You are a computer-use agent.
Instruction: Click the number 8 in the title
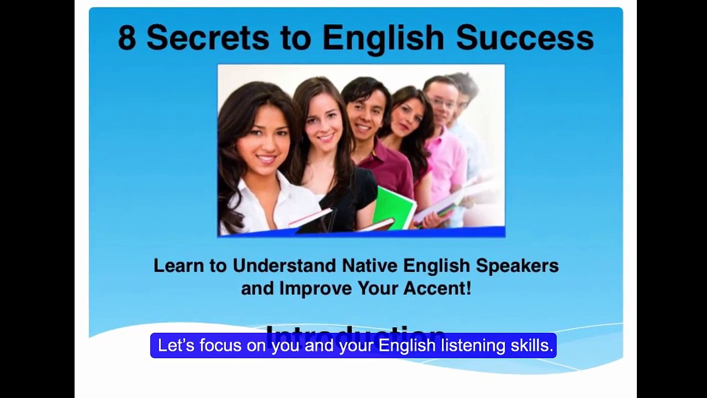(127, 38)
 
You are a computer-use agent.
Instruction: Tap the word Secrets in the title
(208, 38)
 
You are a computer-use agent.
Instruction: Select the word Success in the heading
(525, 38)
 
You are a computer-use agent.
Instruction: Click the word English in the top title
(383, 38)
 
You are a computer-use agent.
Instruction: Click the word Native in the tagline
(370, 266)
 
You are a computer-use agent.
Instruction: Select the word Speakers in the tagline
(517, 266)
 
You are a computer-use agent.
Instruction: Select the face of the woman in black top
(323, 122)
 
